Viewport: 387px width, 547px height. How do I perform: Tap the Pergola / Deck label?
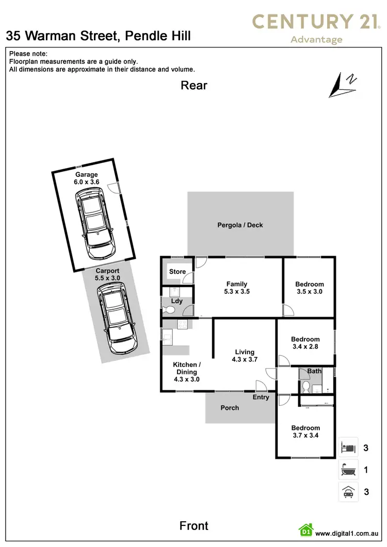click(240, 225)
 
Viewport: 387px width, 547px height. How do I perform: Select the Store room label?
click(177, 272)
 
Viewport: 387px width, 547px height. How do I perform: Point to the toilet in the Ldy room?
click(167, 310)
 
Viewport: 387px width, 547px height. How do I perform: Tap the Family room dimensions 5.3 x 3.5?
click(237, 291)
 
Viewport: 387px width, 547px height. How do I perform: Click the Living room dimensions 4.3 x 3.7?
click(245, 360)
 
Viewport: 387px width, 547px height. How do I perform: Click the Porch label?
click(230, 408)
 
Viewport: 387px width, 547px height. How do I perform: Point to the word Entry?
click(261, 397)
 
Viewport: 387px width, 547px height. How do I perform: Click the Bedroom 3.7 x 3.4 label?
click(305, 432)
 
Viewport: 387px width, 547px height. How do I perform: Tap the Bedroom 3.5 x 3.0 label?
click(310, 288)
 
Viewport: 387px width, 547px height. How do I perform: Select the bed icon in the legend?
click(348, 447)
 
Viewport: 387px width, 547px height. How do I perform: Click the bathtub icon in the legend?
click(348, 470)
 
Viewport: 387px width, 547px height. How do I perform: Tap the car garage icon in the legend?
click(348, 492)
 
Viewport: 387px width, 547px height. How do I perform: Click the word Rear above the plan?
click(194, 86)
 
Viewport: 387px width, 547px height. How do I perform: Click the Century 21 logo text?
click(316, 22)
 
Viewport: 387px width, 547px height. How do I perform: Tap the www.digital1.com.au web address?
click(348, 534)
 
